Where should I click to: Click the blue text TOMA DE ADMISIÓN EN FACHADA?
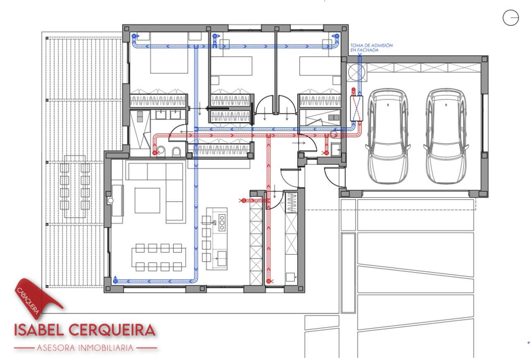(371, 48)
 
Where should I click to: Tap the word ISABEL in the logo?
(39, 330)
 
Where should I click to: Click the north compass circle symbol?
(511, 17)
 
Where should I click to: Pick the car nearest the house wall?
(388, 136)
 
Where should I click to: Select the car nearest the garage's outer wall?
(446, 136)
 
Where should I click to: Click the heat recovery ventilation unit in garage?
(357, 109)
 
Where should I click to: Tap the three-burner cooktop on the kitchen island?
(222, 222)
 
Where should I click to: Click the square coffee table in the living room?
(147, 201)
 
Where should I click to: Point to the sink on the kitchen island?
(222, 259)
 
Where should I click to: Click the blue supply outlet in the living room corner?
(115, 280)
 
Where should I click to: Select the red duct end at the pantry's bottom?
(269, 281)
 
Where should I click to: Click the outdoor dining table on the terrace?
(75, 187)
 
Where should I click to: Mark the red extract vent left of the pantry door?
(243, 201)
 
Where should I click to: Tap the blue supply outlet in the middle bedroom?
(215, 36)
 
